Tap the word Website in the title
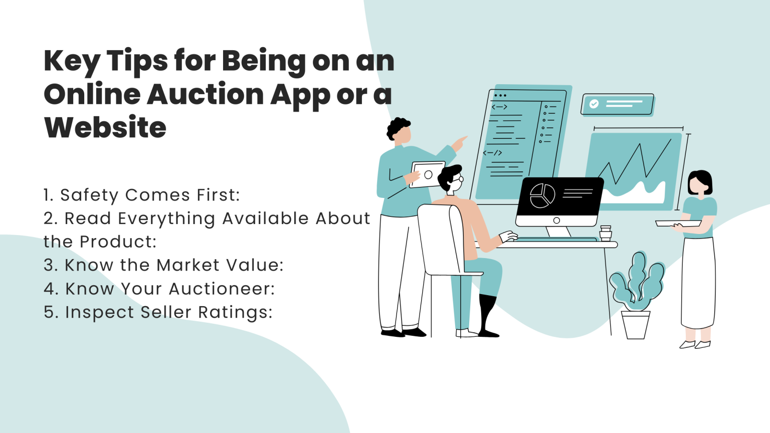click(x=105, y=127)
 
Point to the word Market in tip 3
click(x=188, y=265)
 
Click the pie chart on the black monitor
click(x=542, y=195)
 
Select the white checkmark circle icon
click(x=594, y=104)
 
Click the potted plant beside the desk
click(x=636, y=296)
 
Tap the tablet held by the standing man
click(x=428, y=174)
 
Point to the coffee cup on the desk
click(x=606, y=234)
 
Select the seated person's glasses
click(x=459, y=179)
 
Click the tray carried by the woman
click(x=678, y=224)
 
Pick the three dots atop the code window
click(x=500, y=95)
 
